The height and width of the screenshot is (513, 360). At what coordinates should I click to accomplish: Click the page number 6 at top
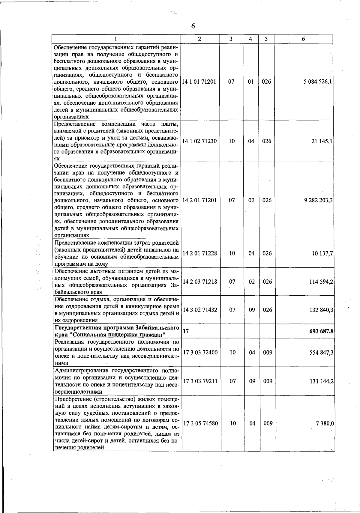[193, 26]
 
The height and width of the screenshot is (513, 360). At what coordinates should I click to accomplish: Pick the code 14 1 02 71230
[199, 141]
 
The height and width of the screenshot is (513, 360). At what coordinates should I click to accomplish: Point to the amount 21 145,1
[322, 141]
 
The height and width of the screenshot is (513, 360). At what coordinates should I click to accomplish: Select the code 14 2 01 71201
[199, 200]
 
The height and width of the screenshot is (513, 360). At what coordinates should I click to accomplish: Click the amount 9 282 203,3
[318, 200]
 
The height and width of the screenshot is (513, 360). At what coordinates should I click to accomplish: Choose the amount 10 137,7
[323, 253]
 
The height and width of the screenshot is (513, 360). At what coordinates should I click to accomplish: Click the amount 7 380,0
[325, 423]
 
